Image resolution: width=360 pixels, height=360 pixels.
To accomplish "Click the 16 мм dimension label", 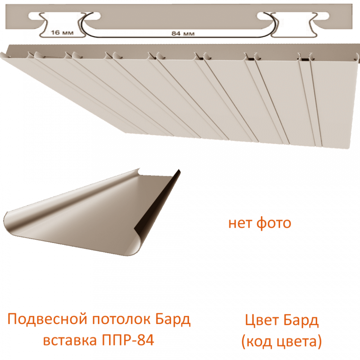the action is click(62, 33).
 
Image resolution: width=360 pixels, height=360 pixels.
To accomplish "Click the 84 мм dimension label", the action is click(183, 34).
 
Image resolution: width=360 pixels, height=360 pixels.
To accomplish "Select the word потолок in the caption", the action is click(121, 319).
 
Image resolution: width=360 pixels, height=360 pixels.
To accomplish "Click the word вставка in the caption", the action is click(70, 340).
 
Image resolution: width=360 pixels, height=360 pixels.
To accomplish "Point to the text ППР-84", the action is click(128, 340).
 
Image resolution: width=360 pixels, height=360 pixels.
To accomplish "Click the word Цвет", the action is click(262, 321).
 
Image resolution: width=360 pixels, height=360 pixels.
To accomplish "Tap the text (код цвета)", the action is click(282, 341).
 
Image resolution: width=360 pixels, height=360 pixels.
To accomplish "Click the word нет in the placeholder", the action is click(240, 223).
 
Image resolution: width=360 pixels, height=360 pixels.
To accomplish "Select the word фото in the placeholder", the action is click(274, 223).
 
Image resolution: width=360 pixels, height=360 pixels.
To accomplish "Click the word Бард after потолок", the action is click(173, 319).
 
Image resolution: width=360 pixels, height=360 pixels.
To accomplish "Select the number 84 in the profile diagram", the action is click(176, 34).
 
